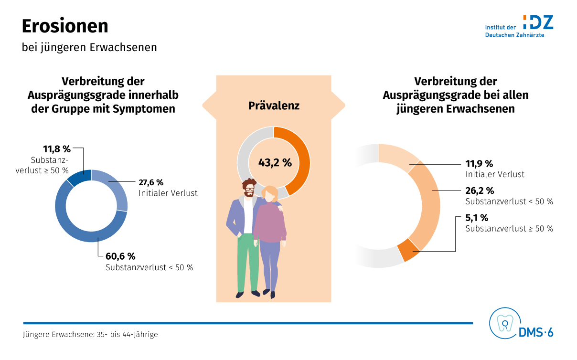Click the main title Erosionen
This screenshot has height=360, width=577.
click(x=65, y=26)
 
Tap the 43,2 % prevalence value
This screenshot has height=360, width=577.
click(x=275, y=162)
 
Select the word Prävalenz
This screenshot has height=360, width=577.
click(x=274, y=106)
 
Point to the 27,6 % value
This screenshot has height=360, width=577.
click(x=151, y=182)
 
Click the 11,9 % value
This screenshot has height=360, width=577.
click(x=479, y=163)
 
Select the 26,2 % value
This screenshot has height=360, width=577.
click(x=480, y=191)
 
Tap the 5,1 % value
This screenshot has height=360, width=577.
click(x=477, y=218)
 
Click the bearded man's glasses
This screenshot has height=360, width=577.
click(x=249, y=190)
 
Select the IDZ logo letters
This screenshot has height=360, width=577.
click(x=538, y=22)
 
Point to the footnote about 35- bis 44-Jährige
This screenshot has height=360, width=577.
click(x=90, y=335)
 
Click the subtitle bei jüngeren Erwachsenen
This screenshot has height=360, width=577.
click(x=89, y=48)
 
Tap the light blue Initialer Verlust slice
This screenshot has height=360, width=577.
click(x=117, y=191)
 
